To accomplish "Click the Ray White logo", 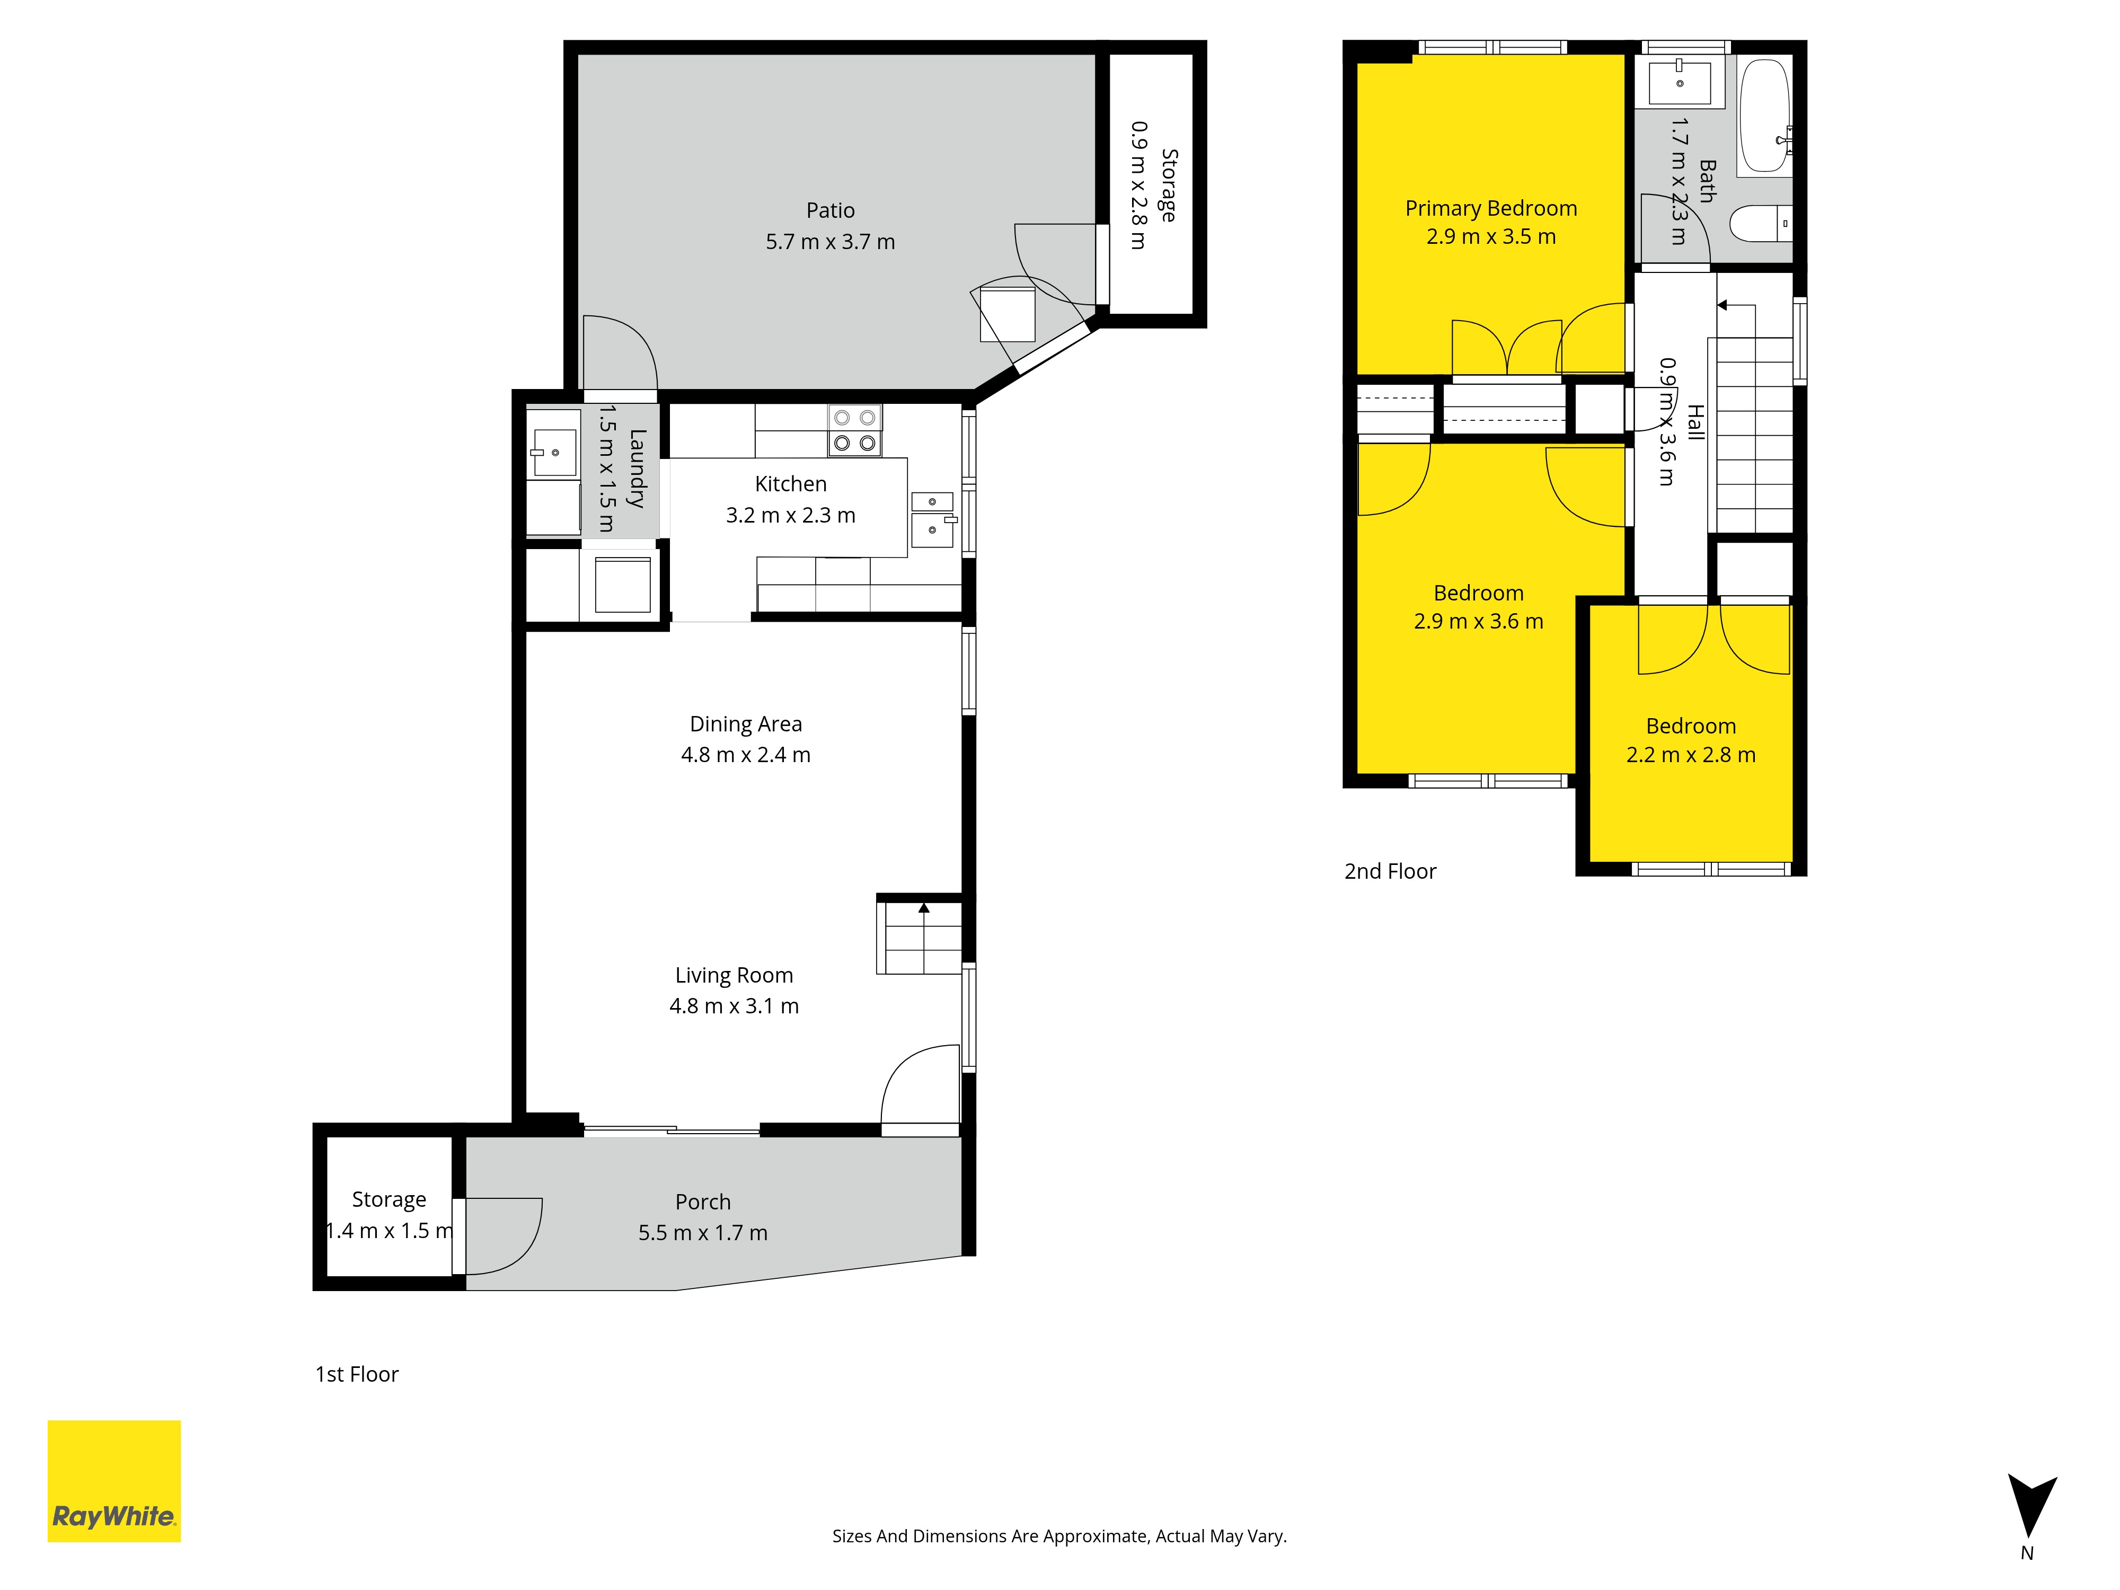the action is coord(114,1481).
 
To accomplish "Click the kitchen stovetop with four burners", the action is coord(854,430).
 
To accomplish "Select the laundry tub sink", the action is coord(553,453).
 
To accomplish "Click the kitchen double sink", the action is coord(932,518).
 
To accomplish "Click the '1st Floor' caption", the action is coord(357,1374).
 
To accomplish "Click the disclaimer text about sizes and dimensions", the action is coord(1059,1536).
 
